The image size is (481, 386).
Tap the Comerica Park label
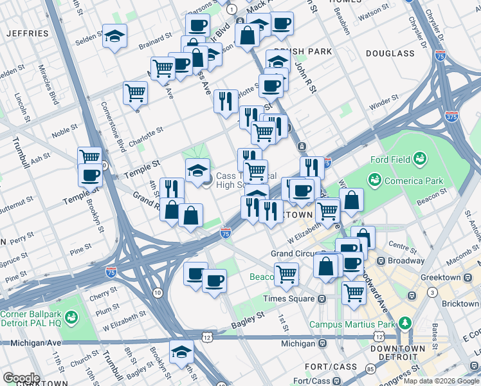pyautogui.click(x=408, y=181)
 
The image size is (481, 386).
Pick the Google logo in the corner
pyautogui.click(x=21, y=378)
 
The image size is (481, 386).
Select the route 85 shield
pyautogui.click(x=370, y=369)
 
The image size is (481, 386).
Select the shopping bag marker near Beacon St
pyautogui.click(x=351, y=200)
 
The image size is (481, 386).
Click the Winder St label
pyautogui.click(x=384, y=103)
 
